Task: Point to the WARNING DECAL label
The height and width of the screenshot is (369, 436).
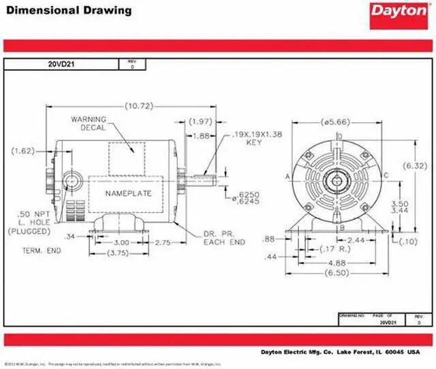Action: (89, 123)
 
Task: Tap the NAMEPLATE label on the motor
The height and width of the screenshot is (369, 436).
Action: (128, 193)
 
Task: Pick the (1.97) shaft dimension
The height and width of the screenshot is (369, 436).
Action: (202, 121)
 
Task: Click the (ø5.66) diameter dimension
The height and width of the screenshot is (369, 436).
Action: (334, 123)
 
